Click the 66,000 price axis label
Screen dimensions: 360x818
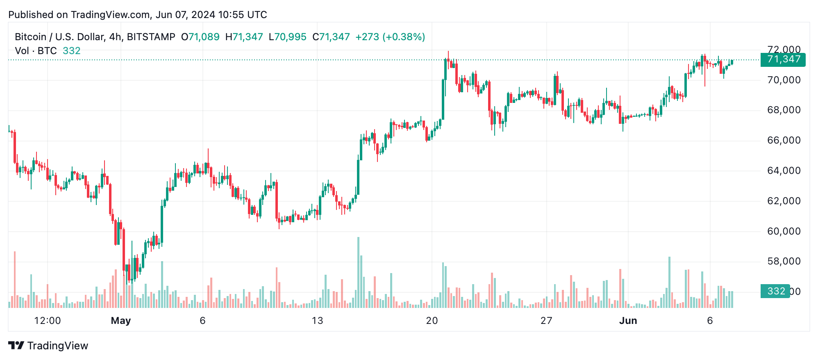coord(784,140)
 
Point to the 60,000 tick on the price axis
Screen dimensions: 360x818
coord(784,231)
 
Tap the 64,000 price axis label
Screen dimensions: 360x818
coord(784,171)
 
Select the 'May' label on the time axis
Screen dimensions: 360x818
coord(120,321)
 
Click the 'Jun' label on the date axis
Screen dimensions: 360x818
coord(628,321)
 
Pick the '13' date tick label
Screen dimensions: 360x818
coord(317,321)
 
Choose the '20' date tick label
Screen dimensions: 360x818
coord(432,321)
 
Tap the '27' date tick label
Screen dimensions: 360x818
coord(546,321)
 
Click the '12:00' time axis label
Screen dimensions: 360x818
coord(48,321)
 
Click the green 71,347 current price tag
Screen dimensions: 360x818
coord(783,59)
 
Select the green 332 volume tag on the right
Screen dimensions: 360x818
coord(775,291)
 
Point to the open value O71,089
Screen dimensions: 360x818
coord(200,37)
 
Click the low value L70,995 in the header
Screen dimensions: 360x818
coord(287,37)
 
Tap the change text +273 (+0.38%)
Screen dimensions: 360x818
coord(390,37)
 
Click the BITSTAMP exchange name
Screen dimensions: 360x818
coord(151,37)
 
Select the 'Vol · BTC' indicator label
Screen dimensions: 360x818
coord(36,51)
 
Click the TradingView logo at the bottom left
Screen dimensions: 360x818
coord(48,346)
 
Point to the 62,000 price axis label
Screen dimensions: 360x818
coord(784,201)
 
